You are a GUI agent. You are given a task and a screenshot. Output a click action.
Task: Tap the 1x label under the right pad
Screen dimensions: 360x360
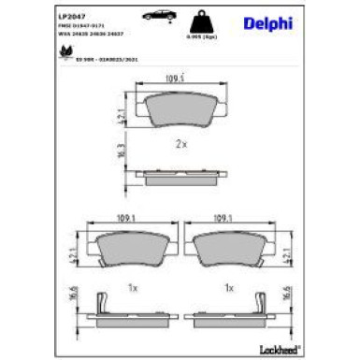229,286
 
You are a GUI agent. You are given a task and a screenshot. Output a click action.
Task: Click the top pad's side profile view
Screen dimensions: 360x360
180,175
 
